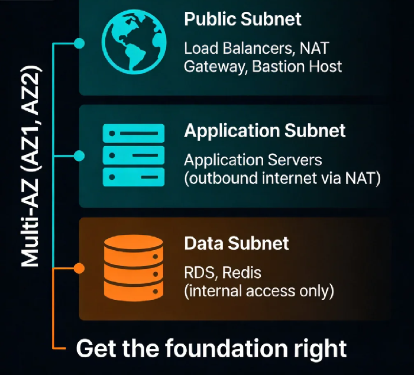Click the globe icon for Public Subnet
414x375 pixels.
tap(134, 42)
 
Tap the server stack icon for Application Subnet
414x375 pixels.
tap(134, 156)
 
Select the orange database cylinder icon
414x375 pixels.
tap(134, 268)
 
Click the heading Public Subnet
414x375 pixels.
tap(242, 19)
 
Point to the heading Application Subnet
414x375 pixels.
tap(265, 131)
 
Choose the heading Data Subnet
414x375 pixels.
tap(237, 243)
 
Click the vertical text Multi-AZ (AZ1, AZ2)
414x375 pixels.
tap(31, 166)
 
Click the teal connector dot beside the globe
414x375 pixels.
tap(79, 43)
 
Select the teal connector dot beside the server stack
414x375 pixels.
tap(79, 156)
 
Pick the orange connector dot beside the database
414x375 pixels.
tap(79, 269)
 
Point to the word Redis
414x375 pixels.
tap(241, 273)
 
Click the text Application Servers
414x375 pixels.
tap(253, 160)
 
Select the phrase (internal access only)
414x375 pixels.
tap(259, 291)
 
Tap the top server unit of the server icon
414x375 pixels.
tap(134, 133)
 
